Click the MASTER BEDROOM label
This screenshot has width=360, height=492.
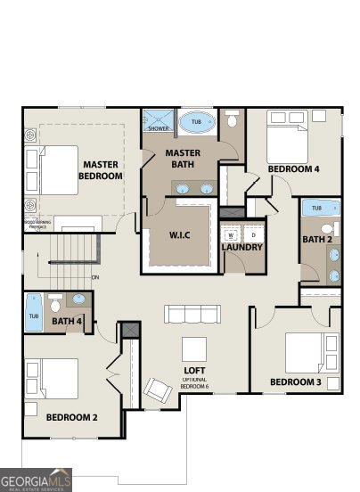click(101, 170)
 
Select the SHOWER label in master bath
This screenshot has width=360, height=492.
click(158, 128)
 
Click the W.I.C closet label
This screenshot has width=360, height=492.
click(181, 235)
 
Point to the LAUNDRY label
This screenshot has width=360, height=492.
click(241, 247)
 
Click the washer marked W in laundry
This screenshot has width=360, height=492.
click(231, 234)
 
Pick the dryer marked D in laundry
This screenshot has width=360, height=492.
click(252, 234)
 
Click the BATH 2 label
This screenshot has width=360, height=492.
click(317, 239)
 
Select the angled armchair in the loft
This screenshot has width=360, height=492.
click(159, 390)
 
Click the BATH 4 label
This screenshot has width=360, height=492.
click(68, 321)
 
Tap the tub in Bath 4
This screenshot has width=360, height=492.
click(34, 316)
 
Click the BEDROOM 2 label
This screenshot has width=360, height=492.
click(71, 416)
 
